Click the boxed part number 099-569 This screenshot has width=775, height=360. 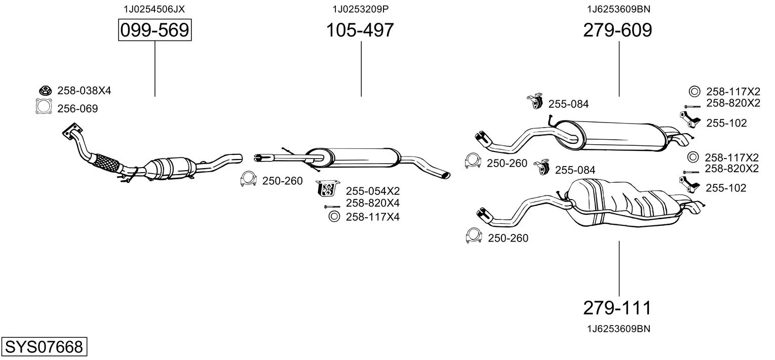154,30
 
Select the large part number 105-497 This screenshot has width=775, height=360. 360,30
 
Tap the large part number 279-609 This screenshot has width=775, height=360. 617,30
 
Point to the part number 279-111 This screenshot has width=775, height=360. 617,307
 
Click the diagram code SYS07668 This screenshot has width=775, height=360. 44,346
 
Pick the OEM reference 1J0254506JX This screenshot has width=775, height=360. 154,9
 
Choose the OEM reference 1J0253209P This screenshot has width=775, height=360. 361,9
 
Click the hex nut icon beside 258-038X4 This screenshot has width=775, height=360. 45,91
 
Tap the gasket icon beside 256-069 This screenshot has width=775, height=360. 44,106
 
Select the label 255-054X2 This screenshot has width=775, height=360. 373,191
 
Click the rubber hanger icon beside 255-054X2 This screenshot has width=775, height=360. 327,188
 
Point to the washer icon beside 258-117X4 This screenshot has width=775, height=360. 334,217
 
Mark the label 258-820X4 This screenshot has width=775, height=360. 373,203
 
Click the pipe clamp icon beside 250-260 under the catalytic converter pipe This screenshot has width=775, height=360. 248,179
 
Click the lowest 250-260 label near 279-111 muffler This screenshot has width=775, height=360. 508,238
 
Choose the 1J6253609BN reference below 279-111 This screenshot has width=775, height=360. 618,329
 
